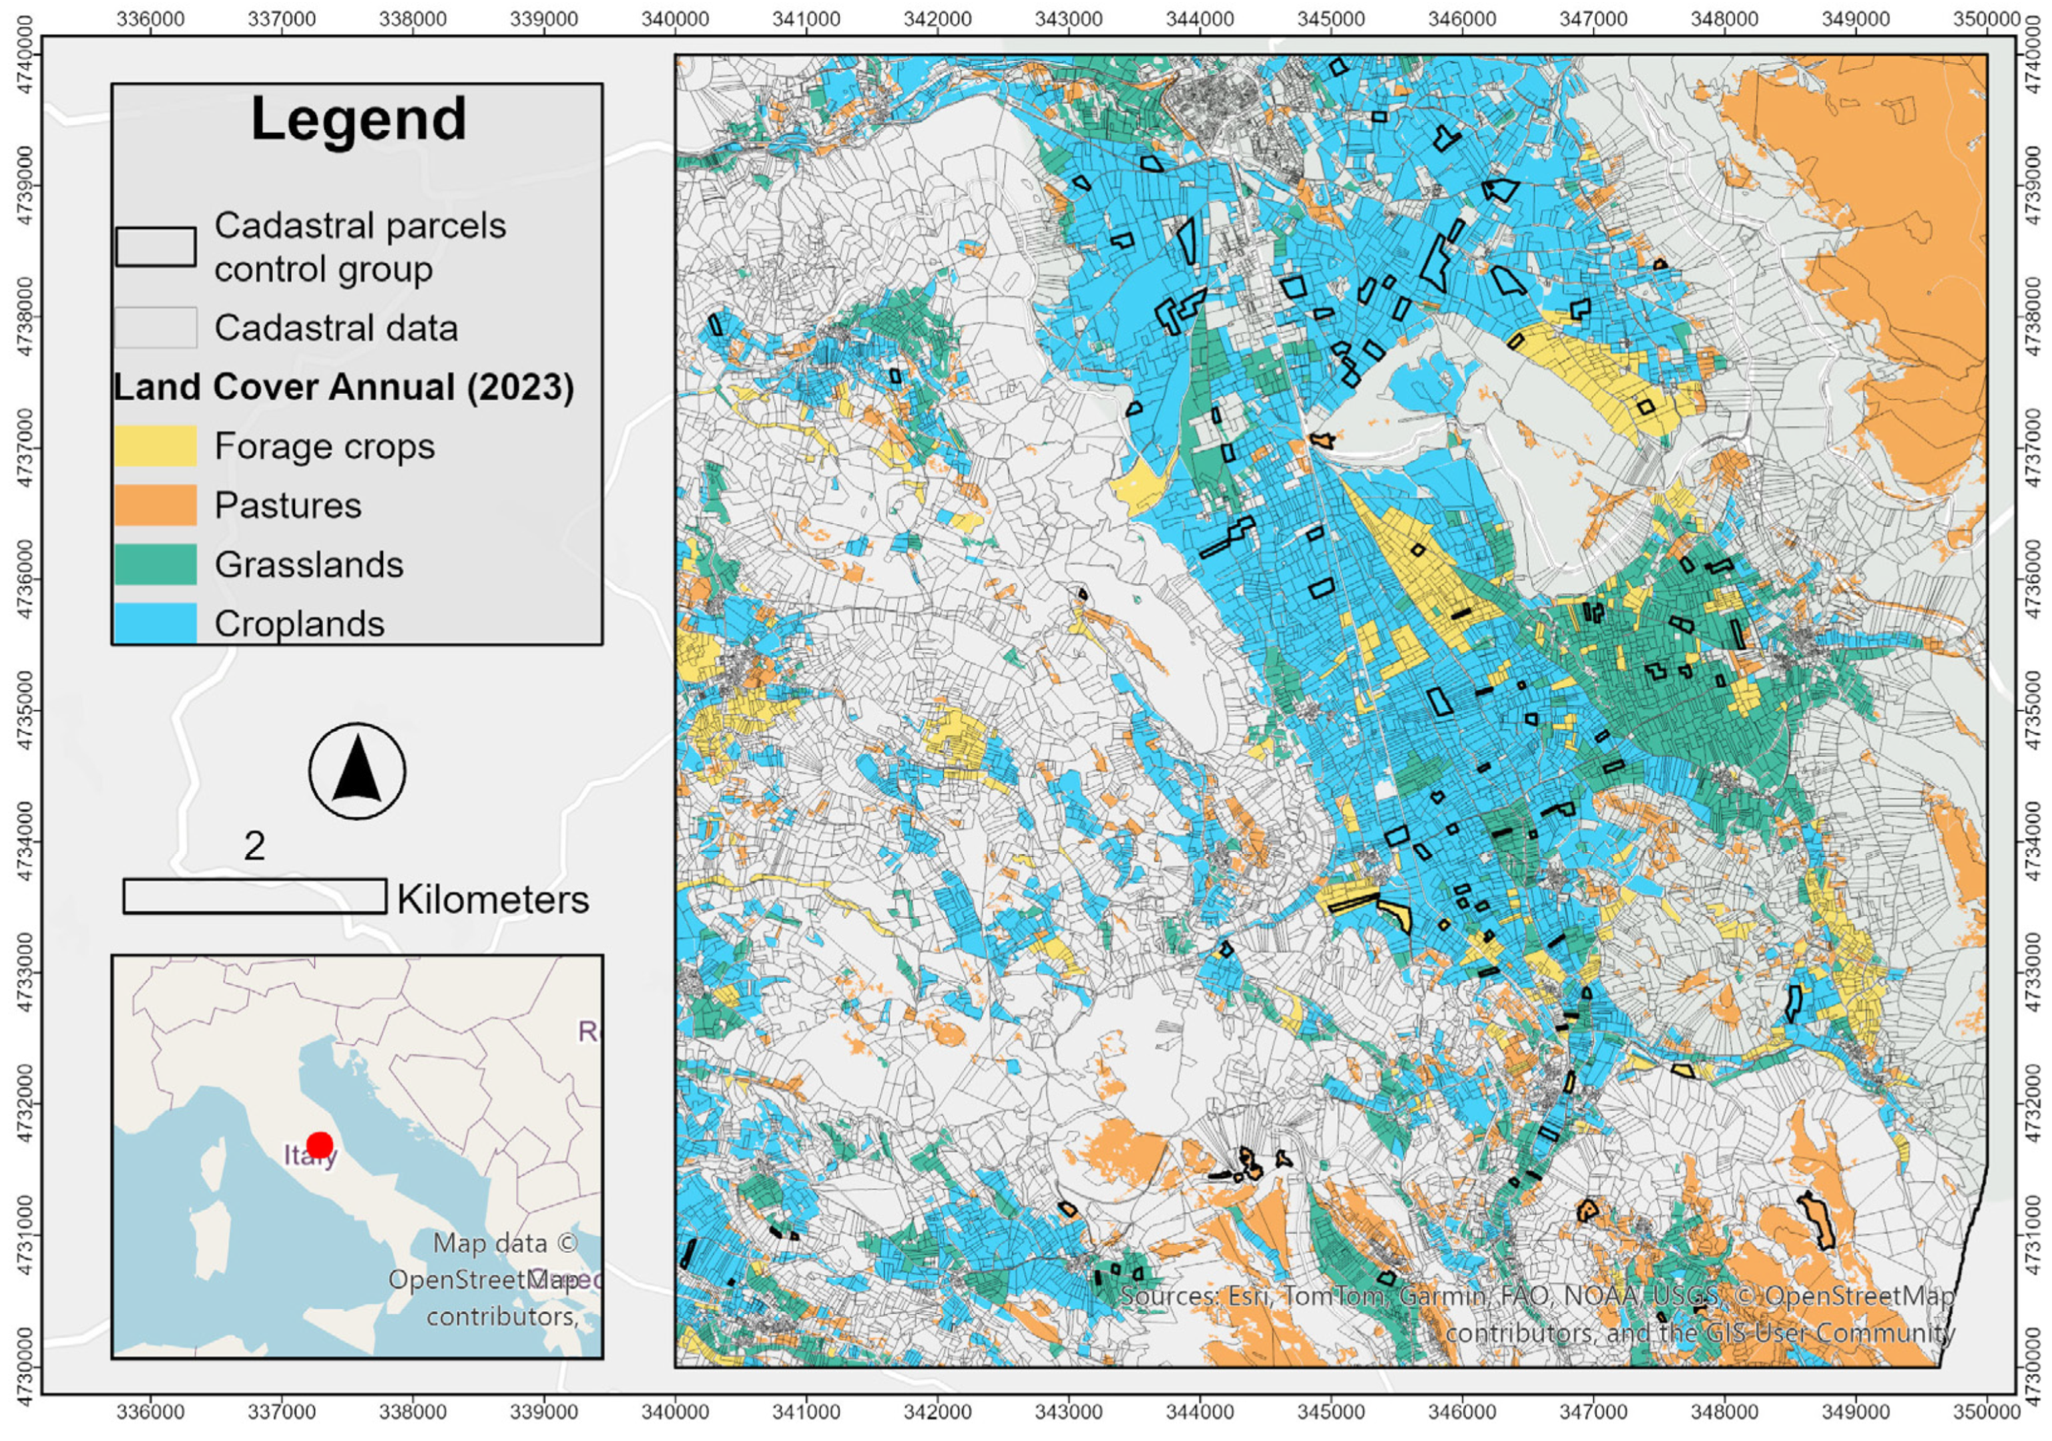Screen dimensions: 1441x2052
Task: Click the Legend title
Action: tap(358, 119)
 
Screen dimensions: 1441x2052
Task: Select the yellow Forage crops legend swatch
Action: tap(155, 445)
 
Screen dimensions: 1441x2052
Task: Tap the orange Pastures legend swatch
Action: tap(155, 505)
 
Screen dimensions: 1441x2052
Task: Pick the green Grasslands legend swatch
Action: tap(155, 564)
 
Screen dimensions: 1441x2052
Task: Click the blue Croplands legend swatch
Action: tap(155, 622)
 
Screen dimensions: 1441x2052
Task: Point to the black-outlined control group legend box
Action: tap(156, 246)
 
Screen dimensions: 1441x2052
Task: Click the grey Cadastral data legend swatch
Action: tap(155, 327)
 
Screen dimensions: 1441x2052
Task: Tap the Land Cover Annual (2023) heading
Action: tap(343, 387)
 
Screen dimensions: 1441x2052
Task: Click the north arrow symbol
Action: tap(356, 770)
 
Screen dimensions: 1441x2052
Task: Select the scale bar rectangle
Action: tap(255, 895)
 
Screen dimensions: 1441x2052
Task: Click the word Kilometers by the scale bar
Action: tap(493, 899)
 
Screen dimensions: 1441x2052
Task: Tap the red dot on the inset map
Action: tap(319, 1145)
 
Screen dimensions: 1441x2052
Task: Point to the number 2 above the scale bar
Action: tap(255, 845)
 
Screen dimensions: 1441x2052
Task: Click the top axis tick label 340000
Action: tap(676, 19)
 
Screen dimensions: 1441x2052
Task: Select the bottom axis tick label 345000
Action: tap(1332, 1412)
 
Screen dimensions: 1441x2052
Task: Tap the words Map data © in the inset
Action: tap(506, 1243)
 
